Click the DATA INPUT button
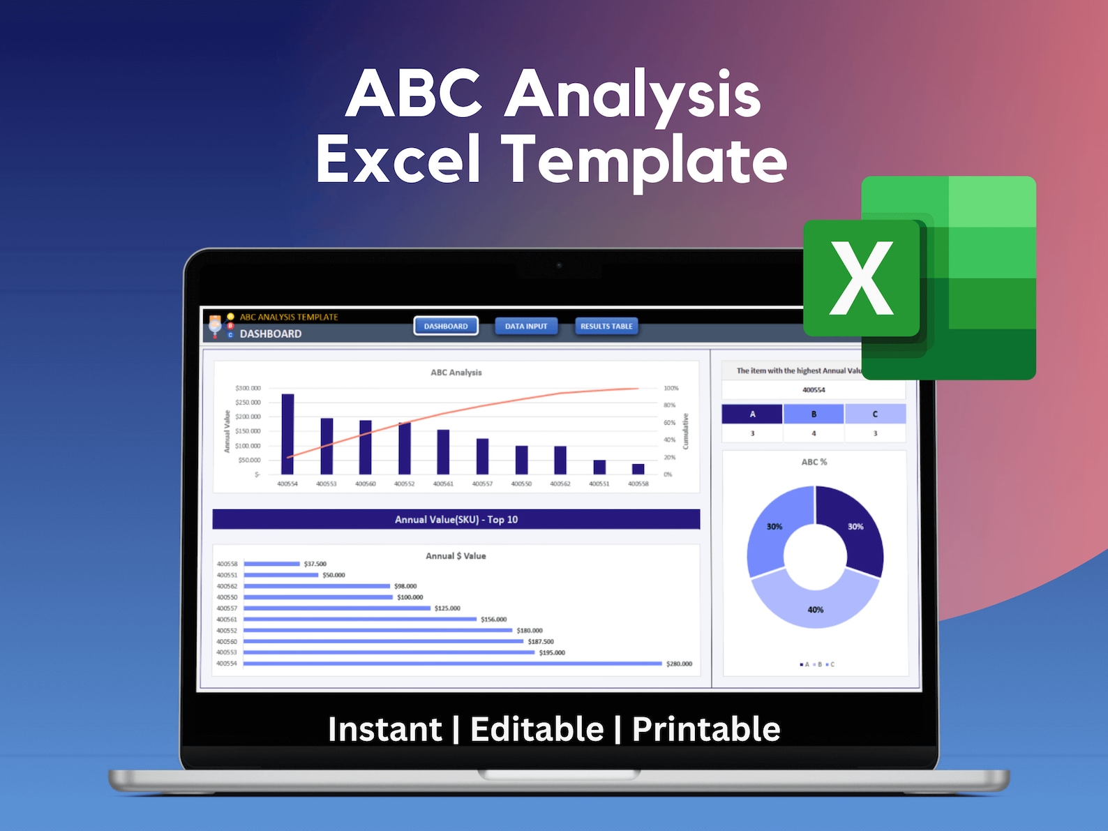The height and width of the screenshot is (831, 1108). tap(526, 326)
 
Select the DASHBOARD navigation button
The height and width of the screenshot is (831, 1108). tap(446, 326)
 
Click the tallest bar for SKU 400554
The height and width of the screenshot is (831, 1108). tap(287, 434)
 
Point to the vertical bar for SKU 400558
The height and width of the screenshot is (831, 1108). tap(638, 469)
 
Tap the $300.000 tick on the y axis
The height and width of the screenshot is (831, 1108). tap(248, 388)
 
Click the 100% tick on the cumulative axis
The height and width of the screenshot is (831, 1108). tap(671, 388)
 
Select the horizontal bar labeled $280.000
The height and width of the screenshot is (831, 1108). tap(452, 664)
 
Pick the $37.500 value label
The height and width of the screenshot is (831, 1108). tap(315, 564)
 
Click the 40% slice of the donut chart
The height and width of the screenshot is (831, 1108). tap(815, 604)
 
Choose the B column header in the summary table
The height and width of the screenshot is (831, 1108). tap(814, 414)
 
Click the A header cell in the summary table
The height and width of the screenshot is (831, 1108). tap(752, 414)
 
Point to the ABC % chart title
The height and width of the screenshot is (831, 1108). tap(814, 462)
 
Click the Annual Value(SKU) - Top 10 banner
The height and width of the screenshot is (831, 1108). tap(456, 519)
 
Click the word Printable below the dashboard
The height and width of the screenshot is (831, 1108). tap(706, 729)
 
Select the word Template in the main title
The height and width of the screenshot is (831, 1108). tap(644, 160)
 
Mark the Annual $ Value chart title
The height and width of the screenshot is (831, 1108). tap(456, 556)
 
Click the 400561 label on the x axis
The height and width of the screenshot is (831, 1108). tap(443, 484)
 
